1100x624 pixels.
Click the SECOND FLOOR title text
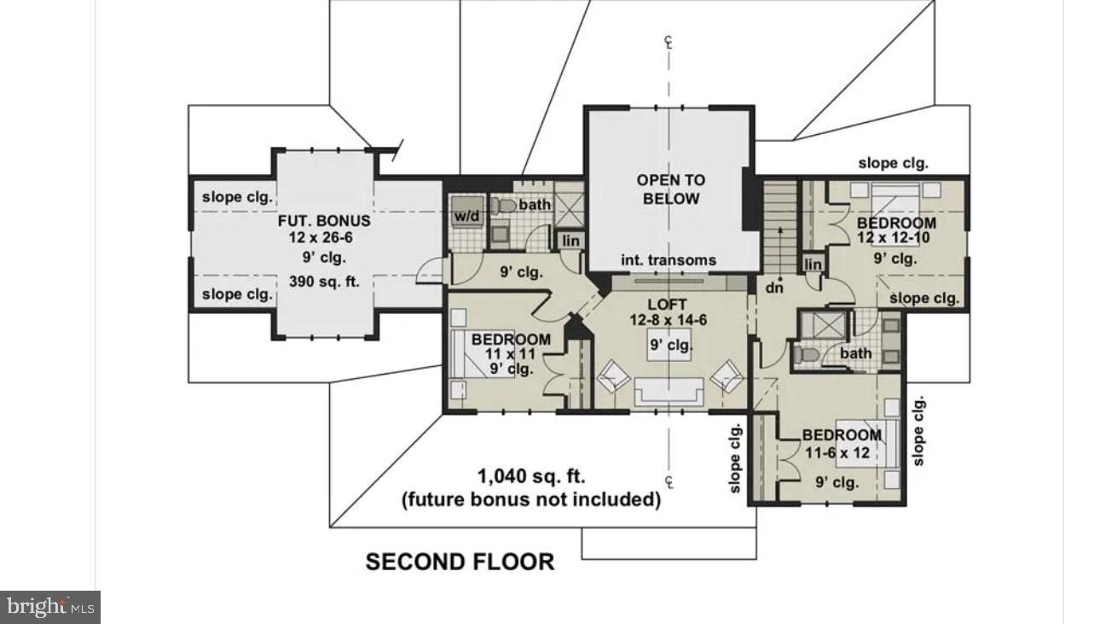coord(460,562)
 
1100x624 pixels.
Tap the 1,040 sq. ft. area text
coord(530,476)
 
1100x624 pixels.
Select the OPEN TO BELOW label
coord(671,190)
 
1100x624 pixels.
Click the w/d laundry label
coord(466,216)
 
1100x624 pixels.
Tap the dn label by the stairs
coord(773,288)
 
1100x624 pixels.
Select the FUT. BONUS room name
coord(324,221)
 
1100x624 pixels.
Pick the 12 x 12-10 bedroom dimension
coord(895,239)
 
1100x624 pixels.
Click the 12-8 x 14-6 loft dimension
coord(668,320)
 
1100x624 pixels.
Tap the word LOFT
coord(668,305)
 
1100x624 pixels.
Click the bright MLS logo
coord(50,607)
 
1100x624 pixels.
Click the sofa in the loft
coord(668,392)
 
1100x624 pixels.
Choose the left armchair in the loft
coord(612,376)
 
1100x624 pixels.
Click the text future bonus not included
coord(530,499)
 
